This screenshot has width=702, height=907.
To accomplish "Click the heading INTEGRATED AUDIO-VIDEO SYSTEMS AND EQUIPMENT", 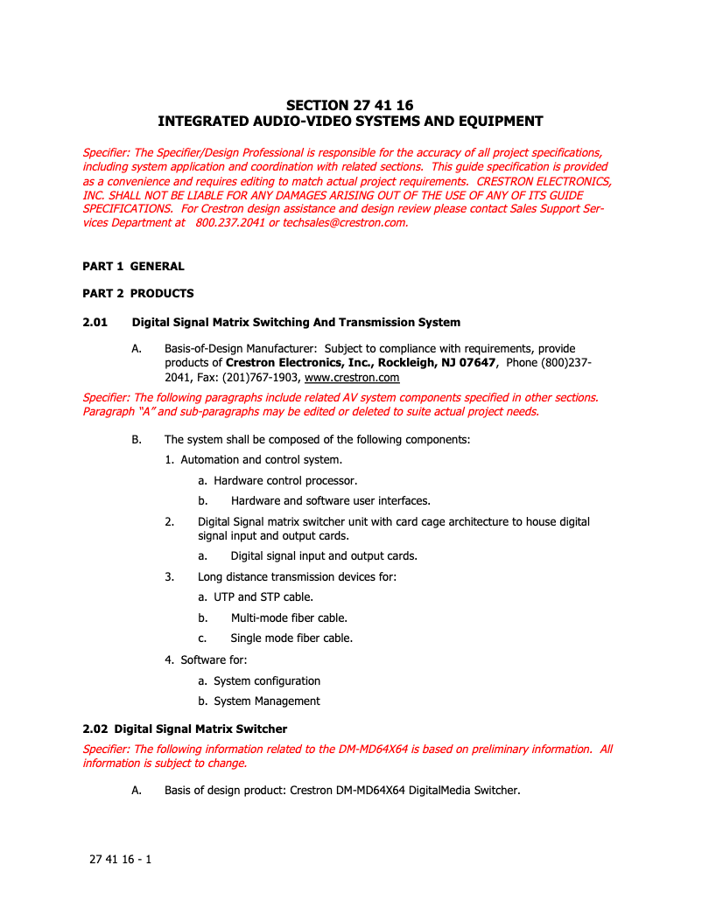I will pos(350,122).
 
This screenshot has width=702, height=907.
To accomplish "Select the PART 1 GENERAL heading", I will pos(133,266).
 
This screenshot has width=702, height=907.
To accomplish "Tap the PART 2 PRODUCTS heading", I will pos(138,293).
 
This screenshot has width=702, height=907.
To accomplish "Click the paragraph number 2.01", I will pos(95,323).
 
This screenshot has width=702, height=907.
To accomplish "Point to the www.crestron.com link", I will pos(352,378).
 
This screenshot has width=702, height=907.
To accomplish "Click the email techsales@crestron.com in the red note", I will pos(345,222).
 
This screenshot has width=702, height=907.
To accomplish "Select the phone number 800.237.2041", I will pos(230,222).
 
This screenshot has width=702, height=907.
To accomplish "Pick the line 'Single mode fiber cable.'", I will pos(291,638).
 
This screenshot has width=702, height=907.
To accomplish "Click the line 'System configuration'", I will pos(267,680).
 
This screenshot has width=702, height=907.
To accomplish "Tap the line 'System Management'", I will pos(267,701).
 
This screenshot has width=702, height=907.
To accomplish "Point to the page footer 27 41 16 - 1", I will pos(121,860).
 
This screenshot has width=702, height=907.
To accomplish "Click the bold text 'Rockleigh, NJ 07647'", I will pos(437,362).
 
